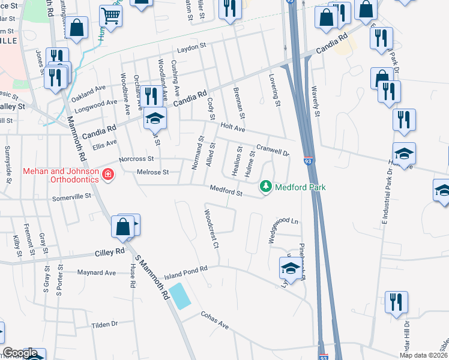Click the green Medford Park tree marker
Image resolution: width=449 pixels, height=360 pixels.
[265, 188]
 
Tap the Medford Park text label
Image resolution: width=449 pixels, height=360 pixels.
[300, 188]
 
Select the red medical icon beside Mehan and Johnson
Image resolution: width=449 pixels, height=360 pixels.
[108, 175]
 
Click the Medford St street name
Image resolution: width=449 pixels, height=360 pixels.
[226, 191]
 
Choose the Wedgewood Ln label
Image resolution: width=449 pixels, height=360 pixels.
[283, 221]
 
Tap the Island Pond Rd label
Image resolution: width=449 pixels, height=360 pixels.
[185, 268]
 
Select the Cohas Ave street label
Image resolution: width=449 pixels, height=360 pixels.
[215, 322]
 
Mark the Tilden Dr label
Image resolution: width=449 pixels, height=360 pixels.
[104, 325]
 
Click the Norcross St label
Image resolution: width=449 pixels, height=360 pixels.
[136, 160]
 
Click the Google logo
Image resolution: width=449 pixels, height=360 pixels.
[19, 353]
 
